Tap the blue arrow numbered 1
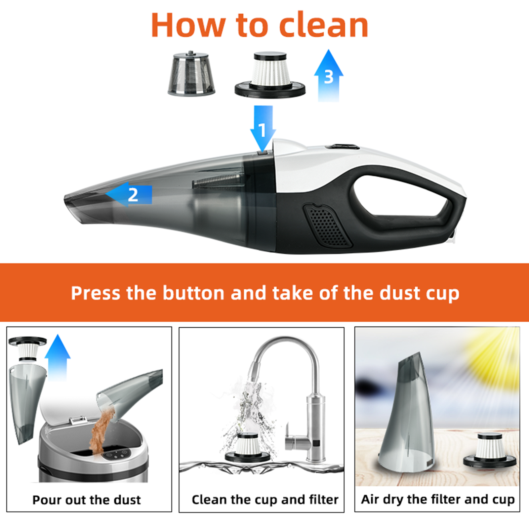click(x=263, y=129)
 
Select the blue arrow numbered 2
click(x=129, y=194)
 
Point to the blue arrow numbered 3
click(x=329, y=76)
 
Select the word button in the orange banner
click(x=193, y=293)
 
